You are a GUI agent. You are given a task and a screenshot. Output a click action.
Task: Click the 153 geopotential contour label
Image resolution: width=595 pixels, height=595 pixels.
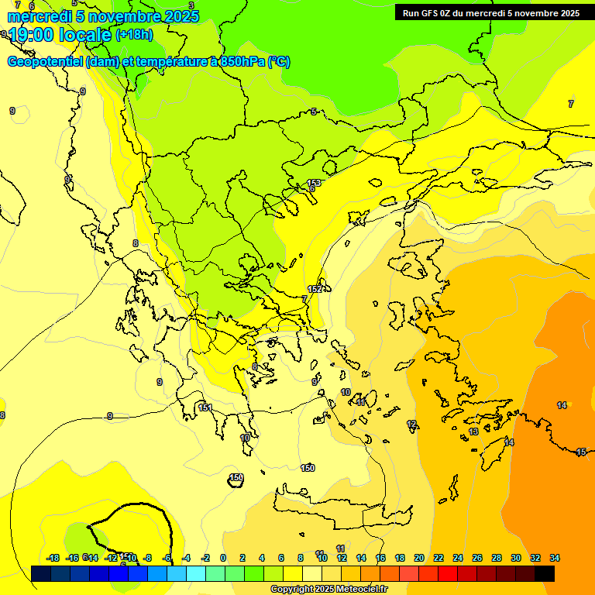pyautogui.click(x=314, y=183)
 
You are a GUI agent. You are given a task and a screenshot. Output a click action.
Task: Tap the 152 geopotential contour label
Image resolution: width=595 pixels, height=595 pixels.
pyautogui.click(x=315, y=289)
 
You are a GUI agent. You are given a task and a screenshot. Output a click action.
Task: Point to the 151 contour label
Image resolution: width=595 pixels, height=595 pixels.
pyautogui.click(x=205, y=408)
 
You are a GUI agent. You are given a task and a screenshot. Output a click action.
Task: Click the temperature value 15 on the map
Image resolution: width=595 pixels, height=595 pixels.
pyautogui.click(x=581, y=452)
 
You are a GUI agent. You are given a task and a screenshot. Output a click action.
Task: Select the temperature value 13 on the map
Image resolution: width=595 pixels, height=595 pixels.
pyautogui.click(x=473, y=432)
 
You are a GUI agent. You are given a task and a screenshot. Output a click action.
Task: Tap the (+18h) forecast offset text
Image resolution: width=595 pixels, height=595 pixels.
pyautogui.click(x=134, y=34)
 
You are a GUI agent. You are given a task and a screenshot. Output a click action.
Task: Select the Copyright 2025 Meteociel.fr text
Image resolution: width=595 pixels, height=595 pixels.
pyautogui.click(x=329, y=590)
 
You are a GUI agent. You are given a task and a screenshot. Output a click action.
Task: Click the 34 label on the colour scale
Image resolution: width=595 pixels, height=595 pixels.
pyautogui.click(x=555, y=558)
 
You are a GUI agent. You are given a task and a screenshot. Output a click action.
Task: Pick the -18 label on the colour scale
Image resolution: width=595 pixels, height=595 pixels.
pyautogui.click(x=53, y=558)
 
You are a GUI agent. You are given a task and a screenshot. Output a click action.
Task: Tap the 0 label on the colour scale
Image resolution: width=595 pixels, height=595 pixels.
pyautogui.click(x=223, y=558)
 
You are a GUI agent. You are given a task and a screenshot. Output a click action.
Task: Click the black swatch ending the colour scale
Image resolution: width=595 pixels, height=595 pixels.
pyautogui.click(x=545, y=573)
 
